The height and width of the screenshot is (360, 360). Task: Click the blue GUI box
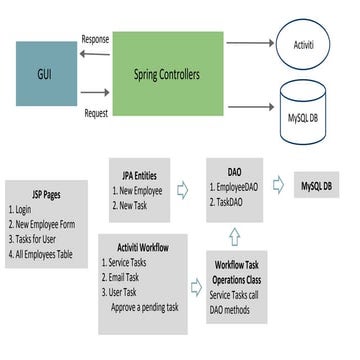pyautogui.click(x=46, y=72)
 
